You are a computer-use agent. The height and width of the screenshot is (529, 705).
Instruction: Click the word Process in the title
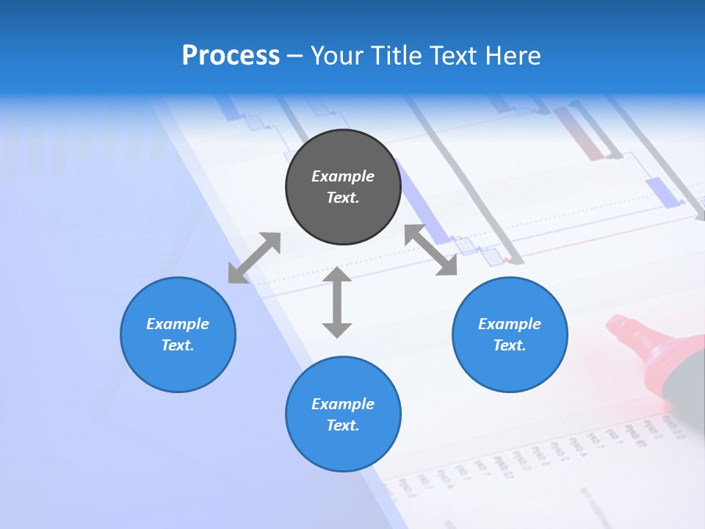click(x=231, y=56)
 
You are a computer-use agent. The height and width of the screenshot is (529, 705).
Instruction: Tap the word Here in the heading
click(x=512, y=56)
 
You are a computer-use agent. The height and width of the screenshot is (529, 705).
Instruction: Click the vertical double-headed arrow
click(x=337, y=302)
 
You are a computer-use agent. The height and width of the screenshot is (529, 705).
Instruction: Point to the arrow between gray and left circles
click(x=254, y=258)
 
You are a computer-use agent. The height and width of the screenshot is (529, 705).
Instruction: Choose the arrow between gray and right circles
click(x=430, y=250)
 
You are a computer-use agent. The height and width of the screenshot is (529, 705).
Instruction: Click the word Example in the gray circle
click(x=343, y=176)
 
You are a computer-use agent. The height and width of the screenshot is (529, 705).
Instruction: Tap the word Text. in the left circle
click(x=178, y=345)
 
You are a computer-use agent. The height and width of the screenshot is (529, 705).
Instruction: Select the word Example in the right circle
click(x=510, y=324)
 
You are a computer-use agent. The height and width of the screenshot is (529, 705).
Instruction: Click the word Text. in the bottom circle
click(x=343, y=425)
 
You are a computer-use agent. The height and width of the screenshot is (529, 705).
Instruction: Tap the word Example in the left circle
click(x=178, y=324)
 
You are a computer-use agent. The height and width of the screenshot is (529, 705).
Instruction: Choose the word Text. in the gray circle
click(x=343, y=198)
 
